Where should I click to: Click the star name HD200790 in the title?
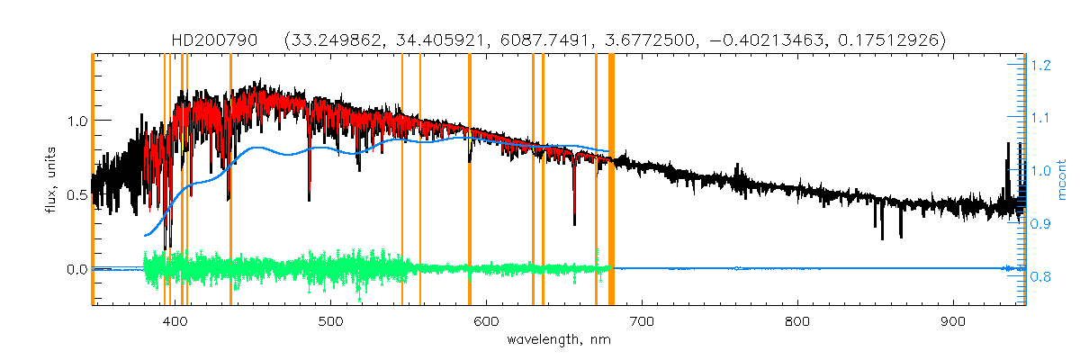214,40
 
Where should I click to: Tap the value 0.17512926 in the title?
886,40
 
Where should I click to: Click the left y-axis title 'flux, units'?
51,180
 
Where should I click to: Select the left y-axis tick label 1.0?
76,121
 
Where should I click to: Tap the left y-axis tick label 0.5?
76,194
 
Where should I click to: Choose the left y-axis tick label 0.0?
76,269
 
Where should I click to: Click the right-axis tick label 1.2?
1042,66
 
